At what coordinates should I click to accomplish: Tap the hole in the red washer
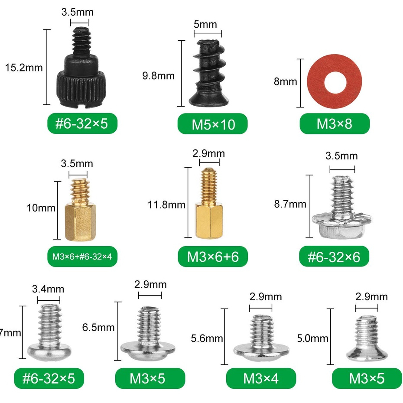tap(335, 81)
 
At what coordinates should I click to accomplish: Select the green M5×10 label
tap(213, 124)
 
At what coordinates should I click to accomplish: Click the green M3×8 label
tap(335, 124)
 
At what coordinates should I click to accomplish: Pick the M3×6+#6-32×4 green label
tap(82, 257)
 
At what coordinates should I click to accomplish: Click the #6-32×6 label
tap(334, 257)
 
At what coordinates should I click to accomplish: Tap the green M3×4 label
tap(261, 378)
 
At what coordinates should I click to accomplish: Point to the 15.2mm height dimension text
tap(23, 67)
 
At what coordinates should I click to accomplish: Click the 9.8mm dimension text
tap(158, 76)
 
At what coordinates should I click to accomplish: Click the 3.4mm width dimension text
tap(48, 289)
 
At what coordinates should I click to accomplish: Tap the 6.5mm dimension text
tap(98, 327)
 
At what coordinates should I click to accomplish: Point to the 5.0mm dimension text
tap(312, 338)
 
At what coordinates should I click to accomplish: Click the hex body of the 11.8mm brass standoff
tap(208, 221)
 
